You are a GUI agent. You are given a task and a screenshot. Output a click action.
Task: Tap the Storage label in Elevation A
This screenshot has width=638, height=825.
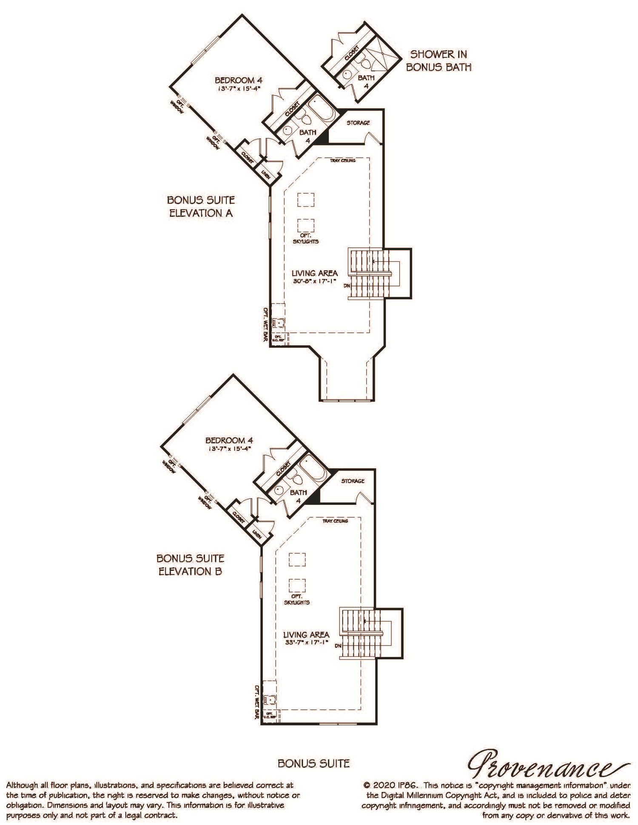click(x=358, y=123)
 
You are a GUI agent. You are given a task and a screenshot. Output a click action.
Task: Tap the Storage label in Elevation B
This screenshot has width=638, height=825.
click(x=353, y=481)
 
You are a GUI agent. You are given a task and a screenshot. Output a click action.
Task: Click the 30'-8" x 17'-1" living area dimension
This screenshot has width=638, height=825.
click(x=314, y=281)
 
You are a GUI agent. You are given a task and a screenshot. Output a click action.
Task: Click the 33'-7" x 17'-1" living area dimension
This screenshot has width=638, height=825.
click(x=306, y=642)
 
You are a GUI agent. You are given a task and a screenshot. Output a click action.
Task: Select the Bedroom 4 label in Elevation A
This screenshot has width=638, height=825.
click(x=238, y=80)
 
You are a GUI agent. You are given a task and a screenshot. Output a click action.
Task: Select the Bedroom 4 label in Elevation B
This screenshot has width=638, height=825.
click(x=229, y=441)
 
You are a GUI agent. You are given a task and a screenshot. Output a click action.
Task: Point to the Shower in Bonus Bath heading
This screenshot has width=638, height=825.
click(x=438, y=60)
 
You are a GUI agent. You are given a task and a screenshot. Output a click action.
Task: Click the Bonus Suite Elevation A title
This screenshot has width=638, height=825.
click(x=201, y=206)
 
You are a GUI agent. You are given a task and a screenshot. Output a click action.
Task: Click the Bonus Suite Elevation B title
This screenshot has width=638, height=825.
click(x=191, y=564)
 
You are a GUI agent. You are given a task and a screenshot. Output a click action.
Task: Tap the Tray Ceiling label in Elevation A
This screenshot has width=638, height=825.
click(x=343, y=161)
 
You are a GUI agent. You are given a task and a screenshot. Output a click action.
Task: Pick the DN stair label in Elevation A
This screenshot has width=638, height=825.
click(x=347, y=286)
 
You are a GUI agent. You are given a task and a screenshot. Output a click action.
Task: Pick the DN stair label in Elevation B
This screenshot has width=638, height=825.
click(x=338, y=646)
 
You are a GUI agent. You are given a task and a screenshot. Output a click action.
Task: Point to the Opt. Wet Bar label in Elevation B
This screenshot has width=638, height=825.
click(x=257, y=702)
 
